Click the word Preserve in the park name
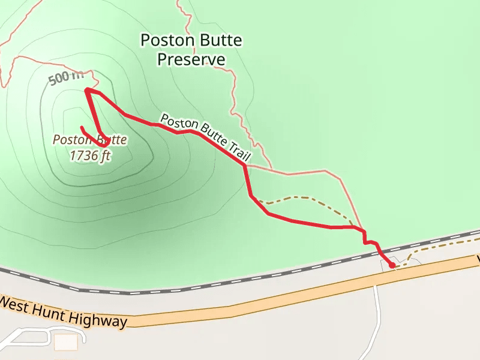[x=191, y=59]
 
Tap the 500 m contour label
[x=65, y=77]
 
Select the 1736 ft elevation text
[x=91, y=155]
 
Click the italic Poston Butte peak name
[x=90, y=140]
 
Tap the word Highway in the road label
[x=101, y=320]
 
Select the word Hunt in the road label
[x=53, y=312]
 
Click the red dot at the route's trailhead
[x=392, y=265]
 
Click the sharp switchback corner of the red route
[x=88, y=91]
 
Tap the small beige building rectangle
[x=65, y=343]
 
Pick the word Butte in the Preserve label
[x=222, y=41]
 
